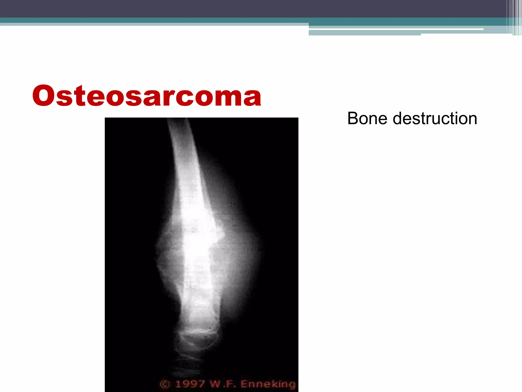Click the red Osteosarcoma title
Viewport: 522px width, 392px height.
[147, 96]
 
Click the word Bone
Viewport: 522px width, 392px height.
[367, 118]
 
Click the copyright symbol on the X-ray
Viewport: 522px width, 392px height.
[165, 384]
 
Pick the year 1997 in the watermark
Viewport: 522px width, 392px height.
[190, 384]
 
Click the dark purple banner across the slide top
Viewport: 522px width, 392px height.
[255, 8]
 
